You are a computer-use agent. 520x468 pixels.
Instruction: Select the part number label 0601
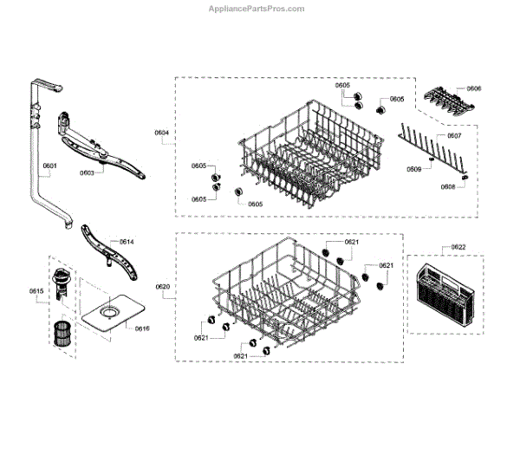point(49,166)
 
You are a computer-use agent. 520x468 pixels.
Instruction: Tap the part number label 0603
point(87,172)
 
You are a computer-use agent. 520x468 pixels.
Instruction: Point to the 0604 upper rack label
point(162,133)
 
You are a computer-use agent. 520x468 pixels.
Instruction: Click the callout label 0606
point(474,88)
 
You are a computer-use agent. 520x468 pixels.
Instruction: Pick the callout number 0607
point(454,137)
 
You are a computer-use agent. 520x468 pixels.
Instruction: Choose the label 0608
point(448,186)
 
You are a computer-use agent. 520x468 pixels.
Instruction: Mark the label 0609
point(414,169)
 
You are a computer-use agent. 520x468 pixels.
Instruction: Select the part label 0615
point(36,289)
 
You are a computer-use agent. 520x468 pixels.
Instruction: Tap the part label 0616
point(142,328)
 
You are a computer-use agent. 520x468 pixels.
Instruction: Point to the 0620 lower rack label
point(162,287)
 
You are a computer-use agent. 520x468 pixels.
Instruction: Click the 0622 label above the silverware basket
point(458,248)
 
